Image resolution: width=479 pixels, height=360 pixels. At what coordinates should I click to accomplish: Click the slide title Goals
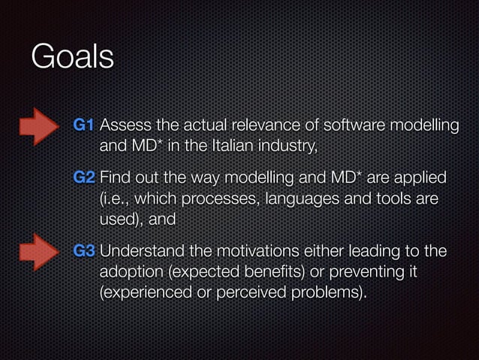tap(72, 58)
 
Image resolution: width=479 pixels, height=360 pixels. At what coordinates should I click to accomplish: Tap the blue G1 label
tap(84, 124)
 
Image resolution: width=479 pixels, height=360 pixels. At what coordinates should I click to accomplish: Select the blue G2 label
tap(84, 179)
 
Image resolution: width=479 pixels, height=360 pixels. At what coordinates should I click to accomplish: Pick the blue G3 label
tap(84, 251)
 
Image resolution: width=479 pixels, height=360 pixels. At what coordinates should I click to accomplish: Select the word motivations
tap(252, 251)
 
